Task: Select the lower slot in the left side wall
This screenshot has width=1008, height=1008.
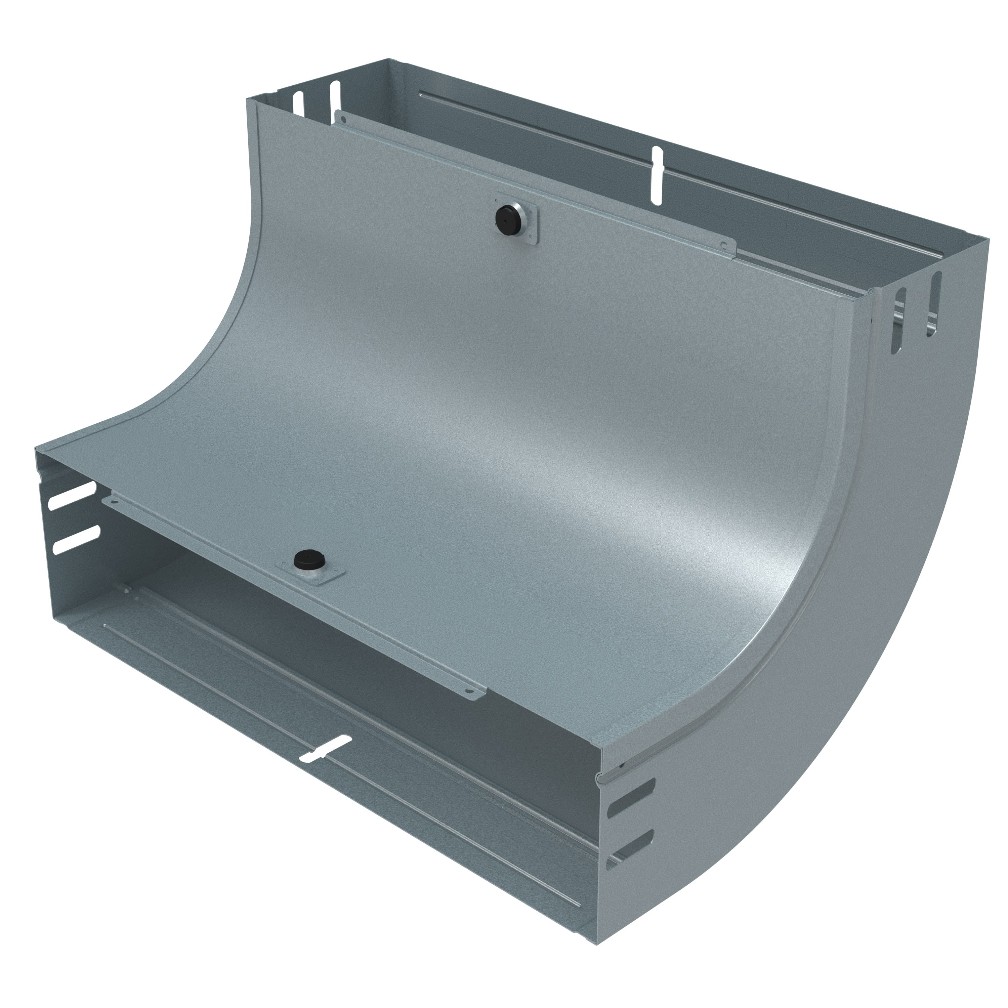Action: tap(76, 538)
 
